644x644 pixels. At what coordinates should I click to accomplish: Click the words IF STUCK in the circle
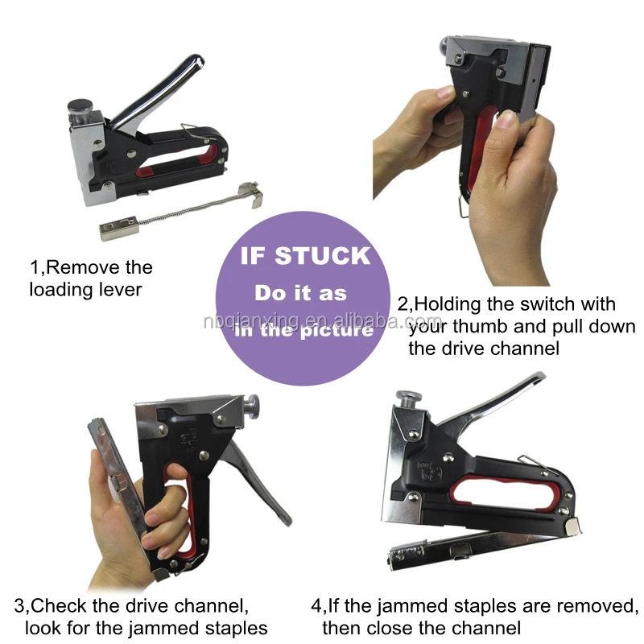click(x=305, y=255)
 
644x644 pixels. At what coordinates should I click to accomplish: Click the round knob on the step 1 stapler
click(x=80, y=106)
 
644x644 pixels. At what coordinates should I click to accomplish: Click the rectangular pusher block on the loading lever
click(x=119, y=227)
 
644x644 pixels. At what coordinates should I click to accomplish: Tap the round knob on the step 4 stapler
click(x=409, y=398)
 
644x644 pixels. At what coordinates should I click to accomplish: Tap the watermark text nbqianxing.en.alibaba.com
click(x=323, y=320)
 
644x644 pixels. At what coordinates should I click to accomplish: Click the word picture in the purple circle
click(x=336, y=331)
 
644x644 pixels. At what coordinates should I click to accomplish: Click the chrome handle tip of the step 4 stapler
click(x=537, y=377)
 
